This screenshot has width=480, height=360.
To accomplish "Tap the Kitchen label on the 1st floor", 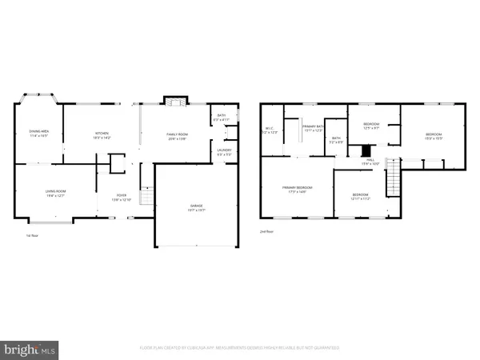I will tap(102, 135).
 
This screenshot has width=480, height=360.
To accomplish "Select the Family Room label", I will tap(176, 135).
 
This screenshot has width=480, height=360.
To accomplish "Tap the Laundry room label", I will tap(225, 153).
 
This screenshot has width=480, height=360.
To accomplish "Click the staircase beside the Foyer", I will tap(146, 196).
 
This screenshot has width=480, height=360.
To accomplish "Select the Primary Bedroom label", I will tap(296, 190).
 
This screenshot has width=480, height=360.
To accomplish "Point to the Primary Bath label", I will tap(312, 128).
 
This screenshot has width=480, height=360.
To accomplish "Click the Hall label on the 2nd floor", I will tap(370, 162).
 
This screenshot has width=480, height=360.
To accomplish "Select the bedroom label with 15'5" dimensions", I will tap(433, 136).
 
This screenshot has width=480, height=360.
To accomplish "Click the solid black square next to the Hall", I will tap(366, 150).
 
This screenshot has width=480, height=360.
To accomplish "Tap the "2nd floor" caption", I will tap(266, 231).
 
